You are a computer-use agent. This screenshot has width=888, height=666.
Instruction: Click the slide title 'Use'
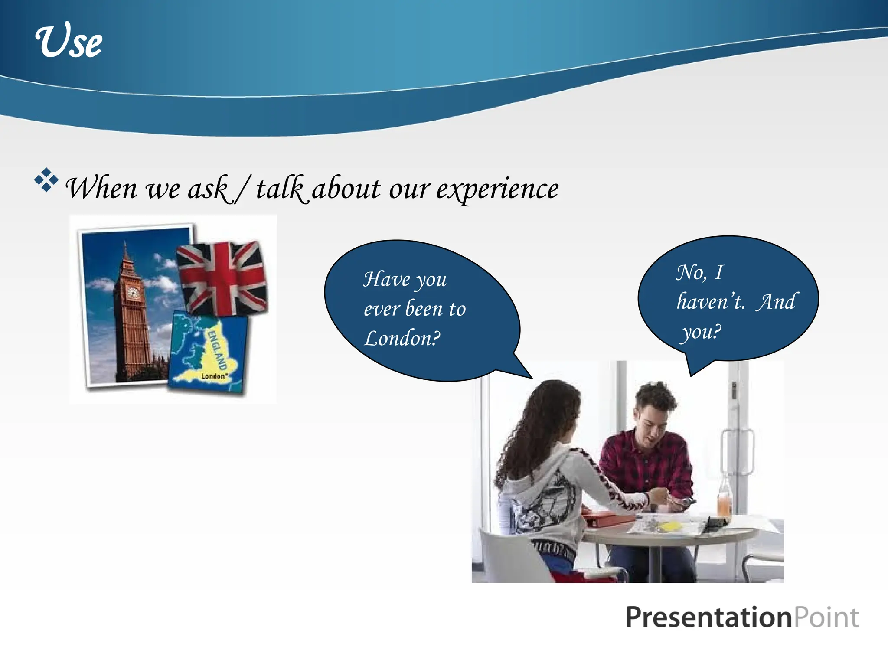(x=69, y=41)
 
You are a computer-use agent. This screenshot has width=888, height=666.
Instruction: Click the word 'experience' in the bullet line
(x=497, y=189)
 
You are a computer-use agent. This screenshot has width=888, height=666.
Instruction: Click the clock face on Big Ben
(x=132, y=293)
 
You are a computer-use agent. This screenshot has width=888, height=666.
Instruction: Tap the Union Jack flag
(x=222, y=277)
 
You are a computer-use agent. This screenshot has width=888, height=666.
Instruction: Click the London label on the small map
(x=213, y=376)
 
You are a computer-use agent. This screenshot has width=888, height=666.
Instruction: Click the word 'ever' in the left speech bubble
(x=382, y=309)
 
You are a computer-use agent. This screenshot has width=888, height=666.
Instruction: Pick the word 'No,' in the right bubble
(x=691, y=273)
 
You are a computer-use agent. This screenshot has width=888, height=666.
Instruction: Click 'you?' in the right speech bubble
(x=701, y=332)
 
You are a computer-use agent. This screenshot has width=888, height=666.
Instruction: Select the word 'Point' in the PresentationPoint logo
(x=826, y=617)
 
